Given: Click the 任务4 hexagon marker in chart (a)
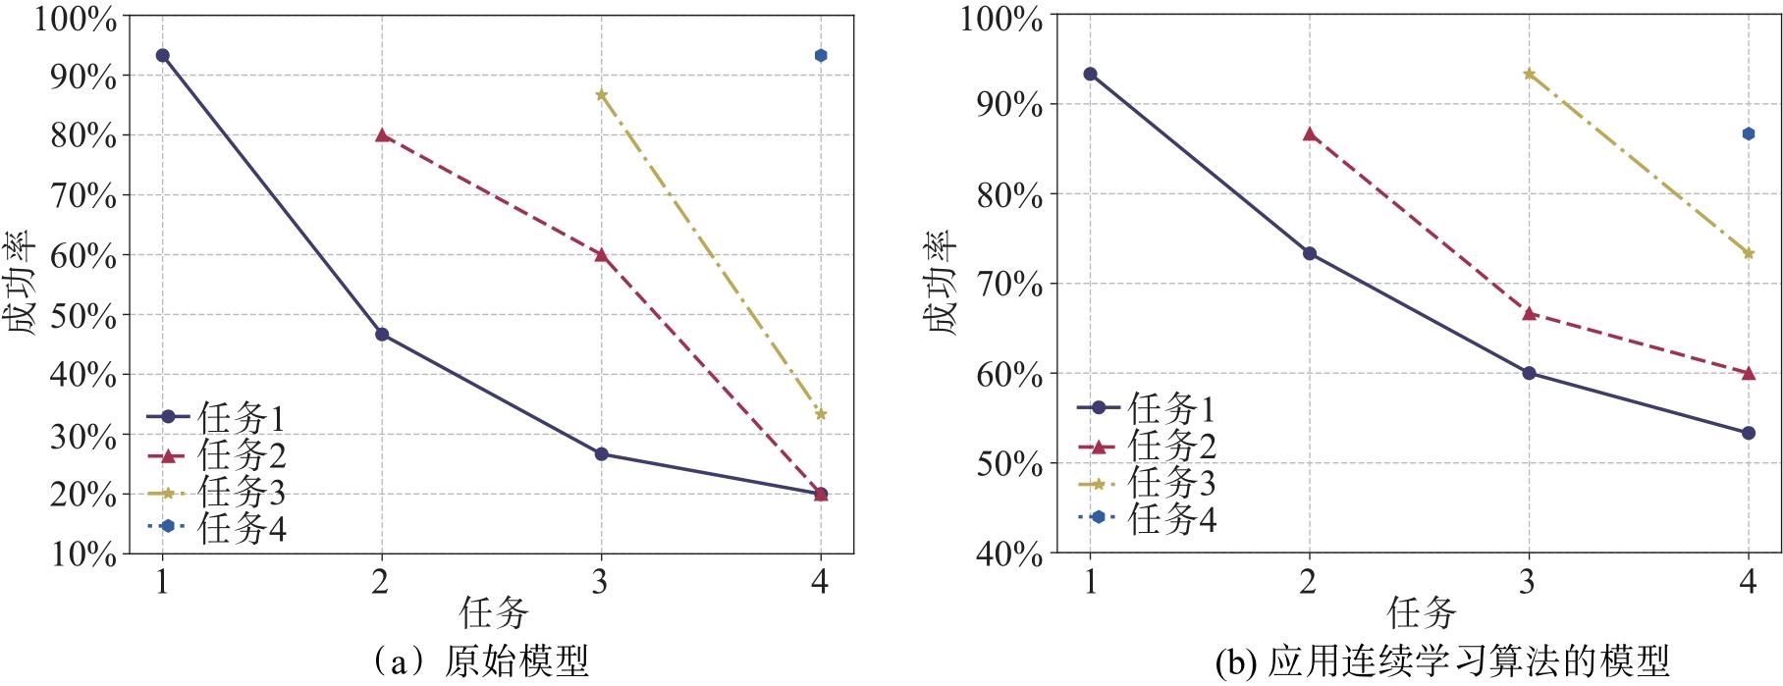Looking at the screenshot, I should [821, 56].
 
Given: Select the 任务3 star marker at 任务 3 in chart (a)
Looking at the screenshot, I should [601, 95].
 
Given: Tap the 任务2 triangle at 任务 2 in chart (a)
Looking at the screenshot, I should [382, 135].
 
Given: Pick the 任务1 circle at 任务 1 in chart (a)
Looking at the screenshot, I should [162, 56].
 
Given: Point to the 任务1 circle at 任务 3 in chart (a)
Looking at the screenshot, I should [601, 454].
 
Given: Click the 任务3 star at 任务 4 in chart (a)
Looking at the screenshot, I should [821, 414].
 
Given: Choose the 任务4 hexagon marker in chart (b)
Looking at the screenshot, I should [1748, 133].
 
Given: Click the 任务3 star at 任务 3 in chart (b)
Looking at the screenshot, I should [1528, 74].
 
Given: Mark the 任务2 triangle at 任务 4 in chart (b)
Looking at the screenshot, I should [1748, 373].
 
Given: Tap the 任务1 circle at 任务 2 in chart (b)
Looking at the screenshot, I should [1309, 253].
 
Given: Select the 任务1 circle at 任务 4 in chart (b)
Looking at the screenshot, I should [1748, 433].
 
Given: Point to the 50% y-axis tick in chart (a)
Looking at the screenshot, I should [83, 316].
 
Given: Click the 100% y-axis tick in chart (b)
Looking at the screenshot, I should [1001, 17].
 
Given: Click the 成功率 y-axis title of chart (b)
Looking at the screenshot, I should [944, 285].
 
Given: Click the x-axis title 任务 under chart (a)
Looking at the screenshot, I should [494, 614].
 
